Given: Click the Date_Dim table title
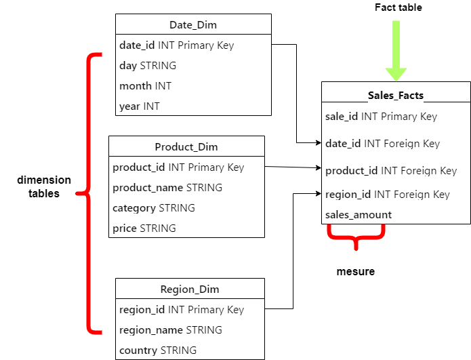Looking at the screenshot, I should click(x=193, y=25).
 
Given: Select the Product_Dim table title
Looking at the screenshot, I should click(x=186, y=147).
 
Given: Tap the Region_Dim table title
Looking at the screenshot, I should click(x=190, y=289).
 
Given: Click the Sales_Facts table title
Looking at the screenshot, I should click(x=396, y=95).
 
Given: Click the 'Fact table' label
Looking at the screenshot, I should click(x=398, y=7).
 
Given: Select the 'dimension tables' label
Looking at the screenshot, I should click(x=44, y=186).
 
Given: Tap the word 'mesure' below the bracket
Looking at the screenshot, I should click(x=356, y=272).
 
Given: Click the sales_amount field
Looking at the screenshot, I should click(x=359, y=215).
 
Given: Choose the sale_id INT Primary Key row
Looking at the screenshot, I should click(x=382, y=117).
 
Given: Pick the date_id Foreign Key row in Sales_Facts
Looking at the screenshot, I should click(x=383, y=144).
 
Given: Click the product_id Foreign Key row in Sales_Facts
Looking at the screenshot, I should click(x=391, y=171).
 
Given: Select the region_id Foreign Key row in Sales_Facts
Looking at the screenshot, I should click(x=388, y=195).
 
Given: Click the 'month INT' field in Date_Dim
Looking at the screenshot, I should click(x=145, y=86).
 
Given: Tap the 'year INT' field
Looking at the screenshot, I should click(x=140, y=106).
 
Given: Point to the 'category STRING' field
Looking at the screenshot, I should click(x=154, y=208).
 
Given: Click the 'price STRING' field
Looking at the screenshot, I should click(x=144, y=228).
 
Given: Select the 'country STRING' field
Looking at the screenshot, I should click(x=158, y=351).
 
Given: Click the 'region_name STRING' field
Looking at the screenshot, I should click(x=171, y=330).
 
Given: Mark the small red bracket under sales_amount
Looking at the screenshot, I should click(x=356, y=237).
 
